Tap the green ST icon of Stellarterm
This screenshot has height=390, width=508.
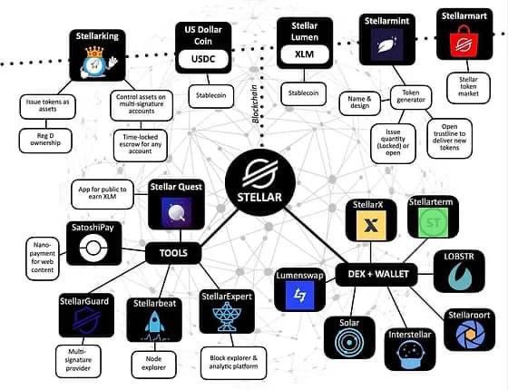coord(430,223)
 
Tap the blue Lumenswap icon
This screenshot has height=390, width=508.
coord(299,294)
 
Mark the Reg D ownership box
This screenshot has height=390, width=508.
coord(44,141)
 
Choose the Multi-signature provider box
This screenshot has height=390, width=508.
coord(80,359)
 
